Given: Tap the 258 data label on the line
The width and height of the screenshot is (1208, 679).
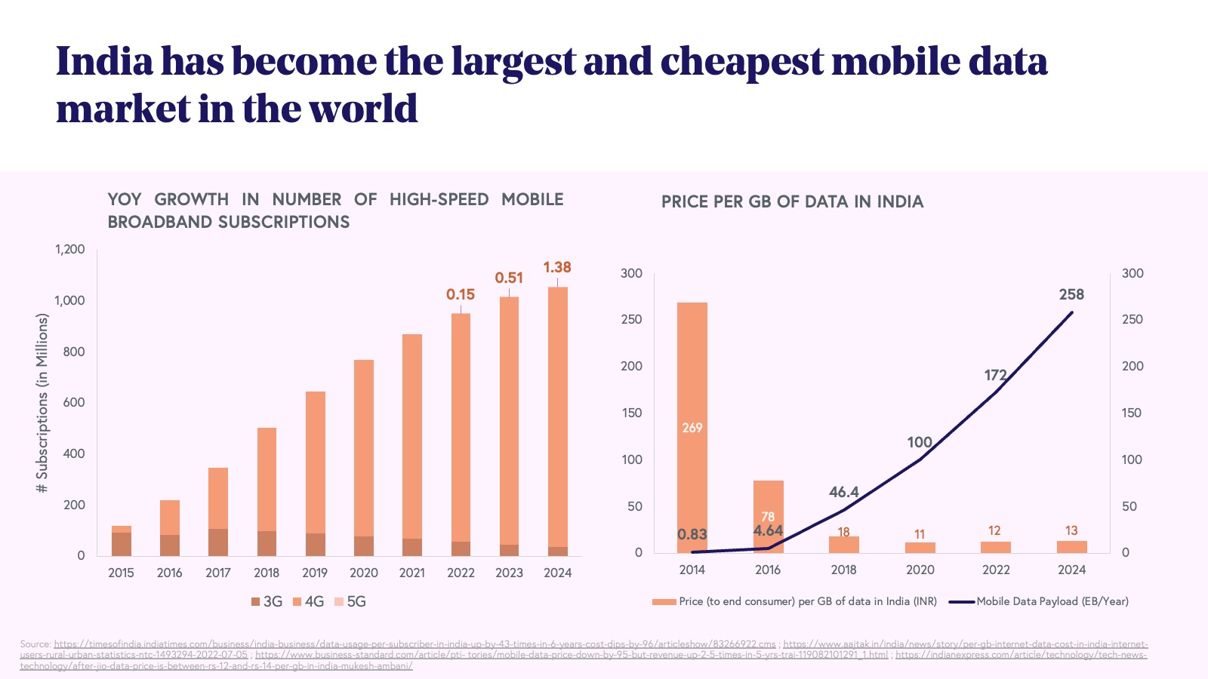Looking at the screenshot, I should (1071, 294).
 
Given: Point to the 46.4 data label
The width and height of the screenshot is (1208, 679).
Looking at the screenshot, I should (843, 492).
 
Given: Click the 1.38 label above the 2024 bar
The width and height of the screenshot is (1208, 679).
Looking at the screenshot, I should (557, 267).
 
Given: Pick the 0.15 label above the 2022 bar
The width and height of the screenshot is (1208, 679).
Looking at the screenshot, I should (461, 294).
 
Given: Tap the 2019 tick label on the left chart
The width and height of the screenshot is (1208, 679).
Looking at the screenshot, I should (315, 573).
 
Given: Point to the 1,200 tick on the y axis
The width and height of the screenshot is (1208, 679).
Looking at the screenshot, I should (70, 249).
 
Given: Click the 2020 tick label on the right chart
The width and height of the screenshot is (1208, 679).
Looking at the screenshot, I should (920, 570).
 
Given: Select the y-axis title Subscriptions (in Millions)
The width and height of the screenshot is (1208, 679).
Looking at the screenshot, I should (42, 404).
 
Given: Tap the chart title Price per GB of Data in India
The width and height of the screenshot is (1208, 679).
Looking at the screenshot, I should (792, 201).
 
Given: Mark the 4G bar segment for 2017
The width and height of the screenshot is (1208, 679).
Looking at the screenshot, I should (218, 498).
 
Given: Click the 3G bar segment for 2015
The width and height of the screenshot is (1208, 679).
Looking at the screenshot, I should (122, 544).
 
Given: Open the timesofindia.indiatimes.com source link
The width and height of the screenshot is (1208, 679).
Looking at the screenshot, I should (414, 644).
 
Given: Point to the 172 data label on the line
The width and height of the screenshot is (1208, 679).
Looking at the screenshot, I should (995, 375).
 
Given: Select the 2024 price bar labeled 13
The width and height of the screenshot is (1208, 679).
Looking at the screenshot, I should (1071, 546).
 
